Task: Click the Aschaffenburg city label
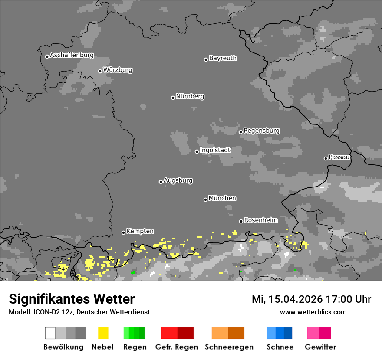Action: click(72, 55)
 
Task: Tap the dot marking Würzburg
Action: click(100, 71)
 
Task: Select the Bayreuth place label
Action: click(223, 58)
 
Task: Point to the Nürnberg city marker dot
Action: click(173, 98)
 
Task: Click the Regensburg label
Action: click(261, 131)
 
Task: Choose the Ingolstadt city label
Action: click(215, 150)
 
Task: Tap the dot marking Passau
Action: click(326, 158)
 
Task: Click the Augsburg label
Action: click(178, 180)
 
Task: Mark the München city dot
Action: click(205, 200)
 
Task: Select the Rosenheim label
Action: click(260, 220)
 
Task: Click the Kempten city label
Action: click(140, 231)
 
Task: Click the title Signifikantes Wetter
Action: click(72, 299)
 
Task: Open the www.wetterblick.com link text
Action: click(313, 312)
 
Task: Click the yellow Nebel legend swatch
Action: click(103, 333)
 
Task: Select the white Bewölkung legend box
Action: click(50, 333)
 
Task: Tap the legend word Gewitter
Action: click(320, 347)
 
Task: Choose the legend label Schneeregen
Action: click(229, 347)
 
